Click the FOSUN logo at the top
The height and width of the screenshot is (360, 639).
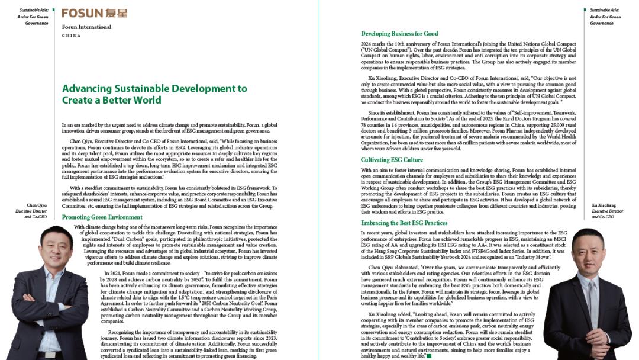94,13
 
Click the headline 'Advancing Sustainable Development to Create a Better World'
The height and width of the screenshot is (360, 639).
154,94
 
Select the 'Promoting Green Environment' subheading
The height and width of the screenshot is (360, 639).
102,217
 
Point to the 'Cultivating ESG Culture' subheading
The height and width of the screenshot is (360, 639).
392,160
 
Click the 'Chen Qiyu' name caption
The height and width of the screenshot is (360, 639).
37,205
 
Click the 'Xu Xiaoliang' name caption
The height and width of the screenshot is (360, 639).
603,205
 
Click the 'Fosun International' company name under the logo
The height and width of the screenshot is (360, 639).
86,27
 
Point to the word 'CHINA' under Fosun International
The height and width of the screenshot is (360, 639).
71,36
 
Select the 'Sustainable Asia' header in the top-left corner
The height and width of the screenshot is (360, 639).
33,10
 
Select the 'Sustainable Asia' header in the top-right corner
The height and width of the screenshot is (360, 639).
604,10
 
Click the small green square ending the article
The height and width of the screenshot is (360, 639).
429,356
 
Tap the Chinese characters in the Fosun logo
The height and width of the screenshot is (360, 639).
115,13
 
